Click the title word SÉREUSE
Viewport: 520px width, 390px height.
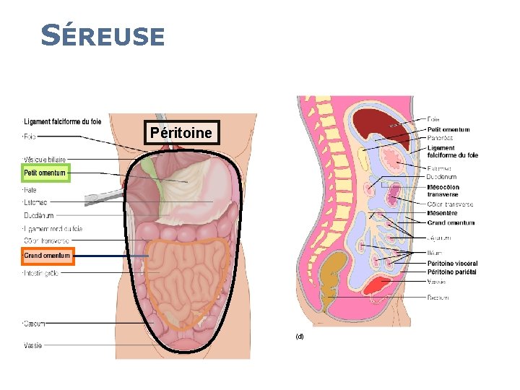click(x=103, y=35)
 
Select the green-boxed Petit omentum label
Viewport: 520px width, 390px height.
click(x=45, y=173)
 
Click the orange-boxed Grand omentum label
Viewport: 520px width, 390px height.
click(x=48, y=256)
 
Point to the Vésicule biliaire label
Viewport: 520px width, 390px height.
click(x=45, y=159)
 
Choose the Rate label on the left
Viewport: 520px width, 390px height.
click(x=31, y=188)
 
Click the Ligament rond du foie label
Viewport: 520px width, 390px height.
click(x=53, y=229)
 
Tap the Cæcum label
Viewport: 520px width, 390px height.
click(x=32, y=323)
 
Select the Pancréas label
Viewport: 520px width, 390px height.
click(x=440, y=136)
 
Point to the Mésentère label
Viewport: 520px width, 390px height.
click(x=442, y=213)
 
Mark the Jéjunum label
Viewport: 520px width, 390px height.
click(x=440, y=238)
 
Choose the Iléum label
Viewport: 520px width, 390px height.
click(x=435, y=253)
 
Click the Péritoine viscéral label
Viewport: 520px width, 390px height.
click(x=452, y=264)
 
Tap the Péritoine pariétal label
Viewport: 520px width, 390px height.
click(x=452, y=272)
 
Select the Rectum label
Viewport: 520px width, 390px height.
click(x=438, y=298)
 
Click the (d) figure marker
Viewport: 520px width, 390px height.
click(x=299, y=337)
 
